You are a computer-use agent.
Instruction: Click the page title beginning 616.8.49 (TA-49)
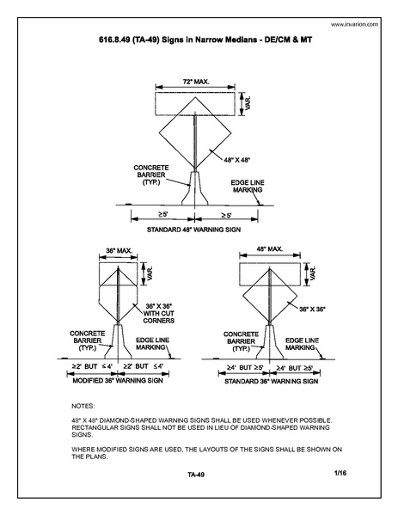pyautogui.click(x=199, y=40)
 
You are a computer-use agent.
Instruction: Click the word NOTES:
pyautogui.click(x=83, y=404)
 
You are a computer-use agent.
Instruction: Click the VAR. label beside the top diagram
pyautogui.click(x=247, y=102)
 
